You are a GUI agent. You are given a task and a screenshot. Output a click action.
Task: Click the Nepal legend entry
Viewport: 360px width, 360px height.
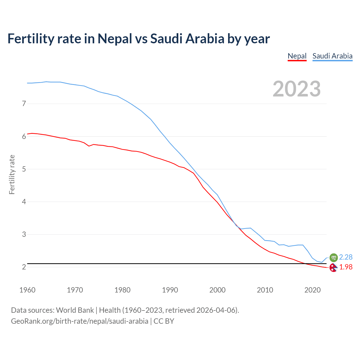(x=297, y=56)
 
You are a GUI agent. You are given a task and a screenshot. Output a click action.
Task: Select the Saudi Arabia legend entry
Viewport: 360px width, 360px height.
(x=332, y=56)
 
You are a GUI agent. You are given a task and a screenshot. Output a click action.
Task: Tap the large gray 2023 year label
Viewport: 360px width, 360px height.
(x=297, y=89)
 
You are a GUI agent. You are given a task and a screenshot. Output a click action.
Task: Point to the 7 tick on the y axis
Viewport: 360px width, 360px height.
(x=24, y=104)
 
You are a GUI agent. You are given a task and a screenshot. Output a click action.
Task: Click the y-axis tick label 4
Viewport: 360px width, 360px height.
(x=24, y=202)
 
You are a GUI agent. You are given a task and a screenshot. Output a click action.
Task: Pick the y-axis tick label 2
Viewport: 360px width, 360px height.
(x=24, y=267)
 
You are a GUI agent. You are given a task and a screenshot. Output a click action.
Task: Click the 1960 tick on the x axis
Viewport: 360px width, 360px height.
(x=27, y=290)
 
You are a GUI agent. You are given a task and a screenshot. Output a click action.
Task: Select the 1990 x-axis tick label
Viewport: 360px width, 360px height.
(x=170, y=290)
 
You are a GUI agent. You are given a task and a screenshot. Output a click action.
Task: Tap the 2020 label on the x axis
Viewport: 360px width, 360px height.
(x=312, y=290)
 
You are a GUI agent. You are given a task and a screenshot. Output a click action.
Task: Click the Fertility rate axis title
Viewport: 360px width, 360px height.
(x=12, y=174)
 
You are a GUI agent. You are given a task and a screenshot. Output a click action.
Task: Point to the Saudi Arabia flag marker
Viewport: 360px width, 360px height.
(x=333, y=257)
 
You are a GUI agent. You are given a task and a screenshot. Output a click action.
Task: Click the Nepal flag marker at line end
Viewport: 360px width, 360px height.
(x=333, y=267)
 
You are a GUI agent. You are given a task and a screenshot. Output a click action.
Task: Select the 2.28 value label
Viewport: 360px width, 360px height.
(x=346, y=257)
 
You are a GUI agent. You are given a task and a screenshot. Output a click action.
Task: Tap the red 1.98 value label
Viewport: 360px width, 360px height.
(x=346, y=267)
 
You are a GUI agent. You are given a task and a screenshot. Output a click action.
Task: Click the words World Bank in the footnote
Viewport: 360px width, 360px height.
(x=75, y=310)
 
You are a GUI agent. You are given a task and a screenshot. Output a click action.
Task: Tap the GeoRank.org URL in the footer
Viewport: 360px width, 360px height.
(x=80, y=321)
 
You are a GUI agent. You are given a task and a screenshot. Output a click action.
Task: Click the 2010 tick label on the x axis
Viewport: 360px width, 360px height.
(x=265, y=290)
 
